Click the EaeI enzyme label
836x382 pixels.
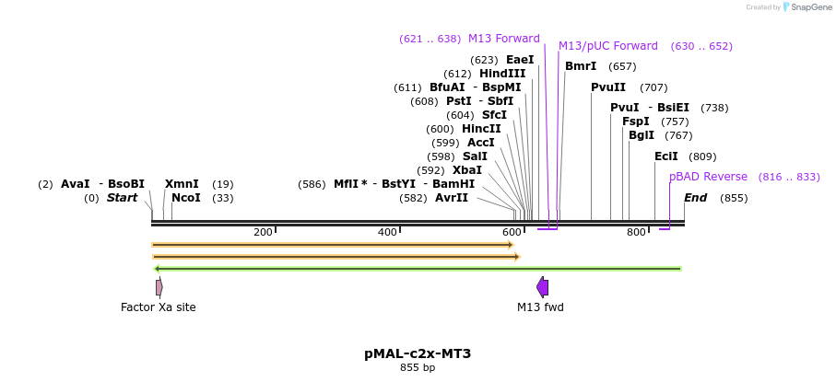click(x=520, y=60)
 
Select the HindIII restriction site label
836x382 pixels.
click(x=502, y=74)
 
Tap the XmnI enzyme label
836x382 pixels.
click(x=182, y=184)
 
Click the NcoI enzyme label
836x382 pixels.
click(x=185, y=198)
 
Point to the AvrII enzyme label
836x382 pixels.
click(x=452, y=198)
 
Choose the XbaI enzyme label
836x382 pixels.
click(x=467, y=170)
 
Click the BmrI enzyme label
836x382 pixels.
click(x=581, y=66)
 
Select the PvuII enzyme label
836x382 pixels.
click(x=608, y=87)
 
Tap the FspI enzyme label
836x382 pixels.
click(x=636, y=122)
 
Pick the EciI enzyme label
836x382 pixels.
click(x=666, y=156)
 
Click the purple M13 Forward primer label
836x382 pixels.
click(x=504, y=39)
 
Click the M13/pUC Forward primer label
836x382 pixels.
click(x=608, y=46)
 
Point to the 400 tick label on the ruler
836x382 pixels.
click(x=387, y=232)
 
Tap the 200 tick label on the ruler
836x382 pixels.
click(x=263, y=232)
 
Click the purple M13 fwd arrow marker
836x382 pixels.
click(x=542, y=287)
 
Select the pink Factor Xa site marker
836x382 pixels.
click(x=159, y=287)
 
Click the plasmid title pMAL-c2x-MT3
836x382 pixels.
click(x=418, y=353)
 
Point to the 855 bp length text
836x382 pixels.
click(x=418, y=367)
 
